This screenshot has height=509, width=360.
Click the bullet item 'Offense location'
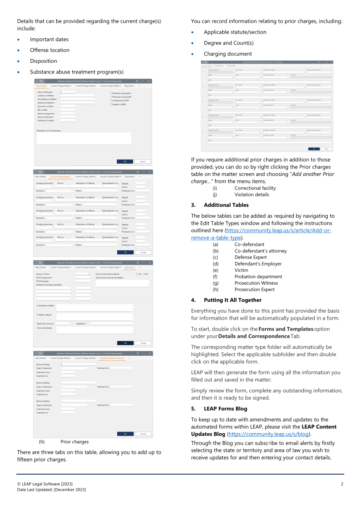click(50, 50)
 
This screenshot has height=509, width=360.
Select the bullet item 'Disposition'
click(43, 61)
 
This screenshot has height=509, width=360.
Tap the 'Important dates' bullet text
click(49, 39)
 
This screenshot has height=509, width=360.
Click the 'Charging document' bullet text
click(228, 54)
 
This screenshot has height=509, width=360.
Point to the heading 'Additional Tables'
click(226, 205)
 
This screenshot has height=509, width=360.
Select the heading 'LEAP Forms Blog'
click(225, 408)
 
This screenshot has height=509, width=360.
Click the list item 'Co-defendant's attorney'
click(261, 251)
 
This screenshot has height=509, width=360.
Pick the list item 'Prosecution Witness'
click(255, 283)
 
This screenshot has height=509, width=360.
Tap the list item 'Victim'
click(241, 270)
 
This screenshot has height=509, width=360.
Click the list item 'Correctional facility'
click(255, 188)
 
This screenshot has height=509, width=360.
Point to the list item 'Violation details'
click(251, 195)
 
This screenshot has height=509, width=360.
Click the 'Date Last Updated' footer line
click(51, 490)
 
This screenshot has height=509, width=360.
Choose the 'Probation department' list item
click(258, 276)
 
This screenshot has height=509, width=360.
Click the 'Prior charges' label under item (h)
click(75, 442)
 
